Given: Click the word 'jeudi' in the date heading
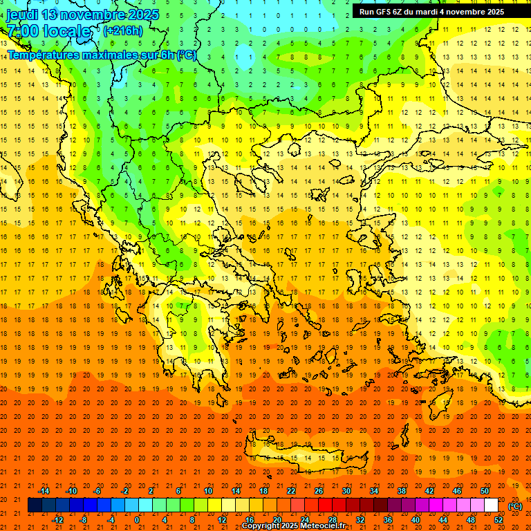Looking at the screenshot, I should click(22, 15).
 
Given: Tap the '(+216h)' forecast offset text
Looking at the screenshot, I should click(122, 30).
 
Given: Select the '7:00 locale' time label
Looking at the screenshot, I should click(48, 31).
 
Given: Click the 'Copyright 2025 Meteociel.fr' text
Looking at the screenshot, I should click(294, 526).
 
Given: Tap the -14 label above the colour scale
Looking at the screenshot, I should click(44, 491).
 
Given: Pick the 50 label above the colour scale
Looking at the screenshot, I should click(484, 491).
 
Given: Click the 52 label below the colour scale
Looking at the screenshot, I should click(498, 519).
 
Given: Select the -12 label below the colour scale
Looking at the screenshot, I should click(58, 519).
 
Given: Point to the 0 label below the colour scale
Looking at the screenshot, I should click(137, 519).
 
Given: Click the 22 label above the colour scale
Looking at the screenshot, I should click(291, 491).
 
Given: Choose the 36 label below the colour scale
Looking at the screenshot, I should click(387, 519).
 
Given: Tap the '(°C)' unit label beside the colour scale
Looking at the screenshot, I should click(515, 506).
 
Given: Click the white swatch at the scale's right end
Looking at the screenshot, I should click(491, 505).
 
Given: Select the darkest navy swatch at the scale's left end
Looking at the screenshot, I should click(35, 505).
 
